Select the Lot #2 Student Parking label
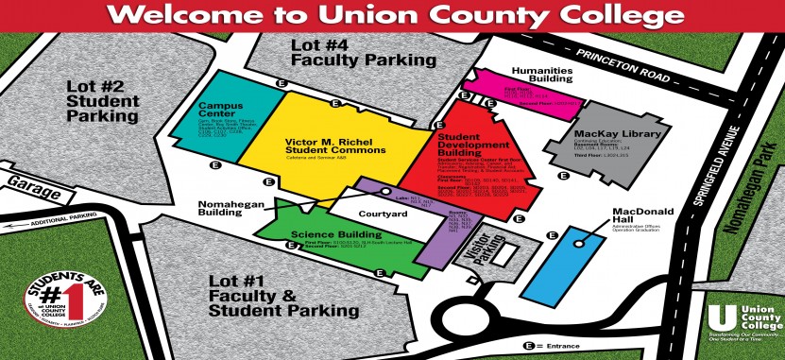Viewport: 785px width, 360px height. pos(102,101)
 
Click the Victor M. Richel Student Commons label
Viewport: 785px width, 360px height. pos(335,146)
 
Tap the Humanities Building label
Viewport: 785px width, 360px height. pos(543,75)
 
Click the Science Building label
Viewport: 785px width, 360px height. pos(323,232)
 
